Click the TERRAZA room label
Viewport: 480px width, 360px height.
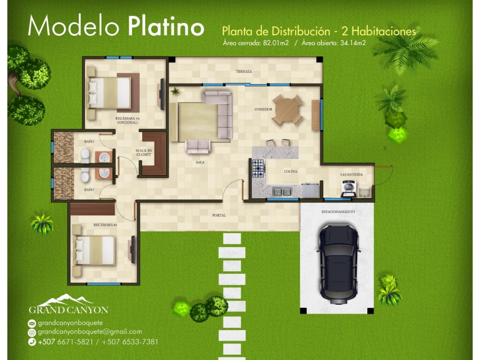click(x=244, y=71)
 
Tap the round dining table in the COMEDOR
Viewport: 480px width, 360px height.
click(x=287, y=110)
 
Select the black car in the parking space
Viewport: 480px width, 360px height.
click(x=339, y=264)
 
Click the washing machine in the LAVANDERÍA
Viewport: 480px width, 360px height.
click(x=349, y=188)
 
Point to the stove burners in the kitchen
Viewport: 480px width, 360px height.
click(x=258, y=168)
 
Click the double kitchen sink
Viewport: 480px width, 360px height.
click(x=282, y=192)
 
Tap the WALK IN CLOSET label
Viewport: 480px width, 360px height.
click(x=144, y=153)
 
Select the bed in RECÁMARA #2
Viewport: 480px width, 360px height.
click(x=110, y=93)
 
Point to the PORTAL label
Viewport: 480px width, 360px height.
click(x=219, y=215)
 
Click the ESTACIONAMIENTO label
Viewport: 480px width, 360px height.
click(x=338, y=211)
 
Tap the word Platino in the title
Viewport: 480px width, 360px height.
click(x=166, y=26)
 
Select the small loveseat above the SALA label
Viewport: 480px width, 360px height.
click(x=198, y=146)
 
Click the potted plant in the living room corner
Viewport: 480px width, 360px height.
click(x=175, y=91)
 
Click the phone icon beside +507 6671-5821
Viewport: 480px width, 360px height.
click(x=32, y=342)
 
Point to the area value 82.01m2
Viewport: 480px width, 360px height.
click(x=276, y=43)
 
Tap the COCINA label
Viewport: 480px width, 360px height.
click(x=291, y=172)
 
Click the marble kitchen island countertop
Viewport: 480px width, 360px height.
click(x=275, y=152)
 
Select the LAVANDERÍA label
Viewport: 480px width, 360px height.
click(x=352, y=175)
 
